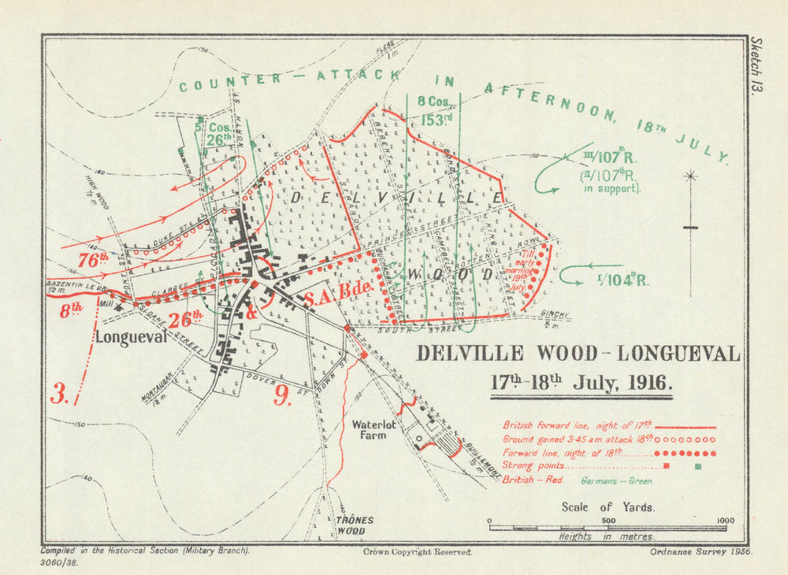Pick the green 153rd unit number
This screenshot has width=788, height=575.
(x=433, y=120)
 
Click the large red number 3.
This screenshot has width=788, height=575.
(x=60, y=393)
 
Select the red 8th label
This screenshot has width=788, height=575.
(x=71, y=310)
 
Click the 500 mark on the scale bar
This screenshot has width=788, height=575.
(x=608, y=521)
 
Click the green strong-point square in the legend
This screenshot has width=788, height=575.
(x=698, y=467)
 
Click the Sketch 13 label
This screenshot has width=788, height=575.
(x=758, y=66)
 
